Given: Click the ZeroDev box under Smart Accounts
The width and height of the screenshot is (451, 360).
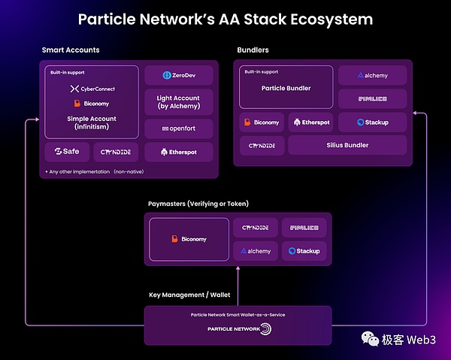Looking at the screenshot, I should (x=178, y=76).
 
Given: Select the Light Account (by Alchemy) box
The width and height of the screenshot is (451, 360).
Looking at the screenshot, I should (x=178, y=102).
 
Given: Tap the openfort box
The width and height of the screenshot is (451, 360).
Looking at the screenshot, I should (x=178, y=129).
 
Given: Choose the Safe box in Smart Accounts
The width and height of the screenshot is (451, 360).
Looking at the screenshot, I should (x=67, y=152).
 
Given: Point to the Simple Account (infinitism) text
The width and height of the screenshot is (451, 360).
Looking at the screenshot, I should (x=92, y=122).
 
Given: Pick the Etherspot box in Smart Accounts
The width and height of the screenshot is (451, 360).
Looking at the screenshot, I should (x=178, y=152).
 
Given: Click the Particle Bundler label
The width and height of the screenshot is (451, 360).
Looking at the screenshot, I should (x=286, y=89).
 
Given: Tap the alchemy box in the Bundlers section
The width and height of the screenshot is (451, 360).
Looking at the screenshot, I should (x=372, y=75).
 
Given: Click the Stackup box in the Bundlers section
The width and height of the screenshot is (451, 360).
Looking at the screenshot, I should (x=372, y=122).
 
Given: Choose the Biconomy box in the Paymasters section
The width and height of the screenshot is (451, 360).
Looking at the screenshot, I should (x=188, y=239).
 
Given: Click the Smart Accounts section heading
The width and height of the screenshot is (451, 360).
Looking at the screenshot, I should (x=71, y=50).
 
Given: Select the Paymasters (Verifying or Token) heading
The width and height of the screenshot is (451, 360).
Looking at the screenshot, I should (x=198, y=204).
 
